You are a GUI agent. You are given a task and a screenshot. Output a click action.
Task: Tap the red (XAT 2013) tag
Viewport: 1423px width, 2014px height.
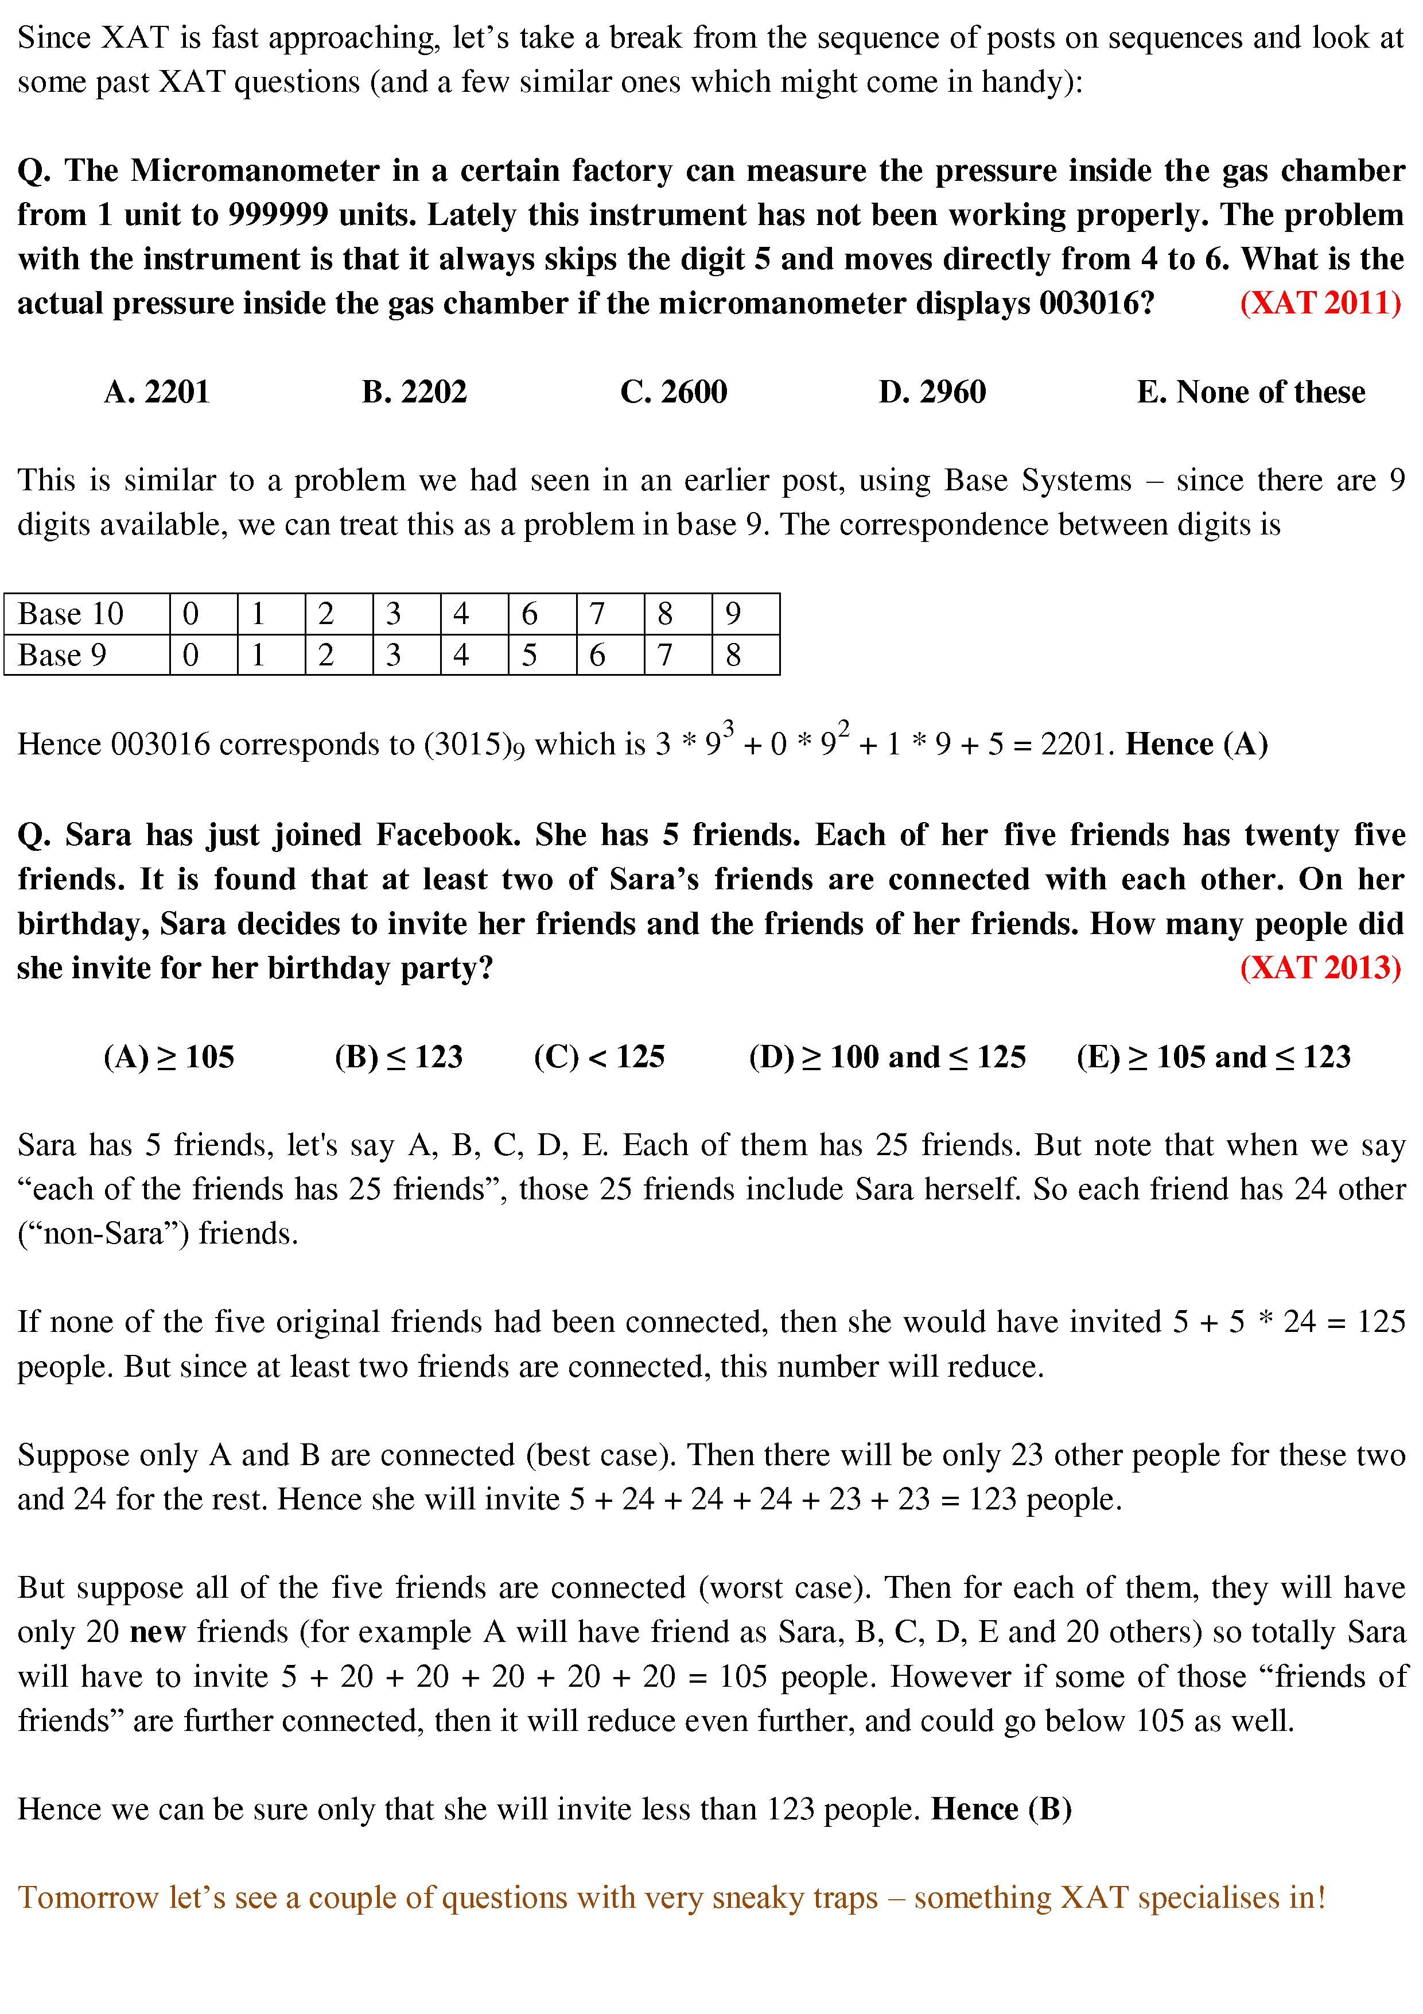coord(1320,967)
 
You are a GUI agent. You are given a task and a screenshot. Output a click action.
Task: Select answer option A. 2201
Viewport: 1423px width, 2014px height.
coord(157,391)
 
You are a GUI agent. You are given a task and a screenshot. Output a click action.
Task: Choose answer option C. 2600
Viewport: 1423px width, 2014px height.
coord(674,391)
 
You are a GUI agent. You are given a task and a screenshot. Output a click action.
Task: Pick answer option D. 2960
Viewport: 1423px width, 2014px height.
coord(932,391)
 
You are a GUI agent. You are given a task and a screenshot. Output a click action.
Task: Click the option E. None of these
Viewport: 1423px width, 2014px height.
coord(1250,391)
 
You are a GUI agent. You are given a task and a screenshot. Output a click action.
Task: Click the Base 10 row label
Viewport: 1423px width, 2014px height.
coord(71,613)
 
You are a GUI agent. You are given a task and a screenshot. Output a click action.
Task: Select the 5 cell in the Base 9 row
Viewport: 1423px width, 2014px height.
coord(530,654)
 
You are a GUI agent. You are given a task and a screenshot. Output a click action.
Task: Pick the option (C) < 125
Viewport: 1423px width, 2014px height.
coord(599,1056)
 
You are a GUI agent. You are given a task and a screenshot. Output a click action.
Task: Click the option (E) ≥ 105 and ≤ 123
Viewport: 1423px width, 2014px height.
coord(1214,1056)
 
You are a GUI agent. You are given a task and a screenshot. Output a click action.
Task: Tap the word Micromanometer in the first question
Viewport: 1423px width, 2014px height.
coord(254,170)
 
